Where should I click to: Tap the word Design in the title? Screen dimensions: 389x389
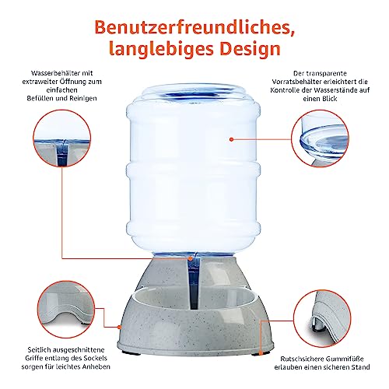pos(251,48)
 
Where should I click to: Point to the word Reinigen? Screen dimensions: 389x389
pos(83,98)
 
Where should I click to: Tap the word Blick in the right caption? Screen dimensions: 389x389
pos(330,99)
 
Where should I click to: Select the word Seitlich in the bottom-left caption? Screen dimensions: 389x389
pos(39,350)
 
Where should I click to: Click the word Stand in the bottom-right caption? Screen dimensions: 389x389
pos(361,367)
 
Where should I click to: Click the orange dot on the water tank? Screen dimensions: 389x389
pos(232,139)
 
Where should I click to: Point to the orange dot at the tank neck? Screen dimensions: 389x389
pos(191,258)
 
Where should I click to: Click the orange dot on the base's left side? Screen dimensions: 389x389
pos(119,327)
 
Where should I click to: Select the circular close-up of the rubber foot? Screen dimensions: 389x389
pos(323,319)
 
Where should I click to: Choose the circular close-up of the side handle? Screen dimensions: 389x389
pos(65,310)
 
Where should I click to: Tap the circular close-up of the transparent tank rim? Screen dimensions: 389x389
pos(320,138)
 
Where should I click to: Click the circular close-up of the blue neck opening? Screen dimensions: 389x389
pos(62,138)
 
